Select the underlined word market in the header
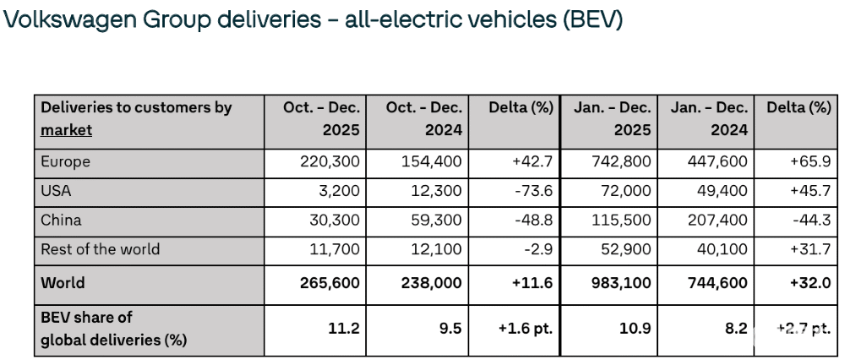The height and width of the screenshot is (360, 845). coord(67,130)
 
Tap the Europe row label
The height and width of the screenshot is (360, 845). coord(65,161)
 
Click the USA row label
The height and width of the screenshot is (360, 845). coord(56,191)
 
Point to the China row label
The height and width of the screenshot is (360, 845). coord(61,220)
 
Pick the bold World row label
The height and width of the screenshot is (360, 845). coord(63,283)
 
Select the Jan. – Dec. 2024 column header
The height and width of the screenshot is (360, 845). coord(710,118)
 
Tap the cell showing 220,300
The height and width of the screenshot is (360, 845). coord(330,161)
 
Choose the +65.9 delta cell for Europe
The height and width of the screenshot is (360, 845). coord(809,161)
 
